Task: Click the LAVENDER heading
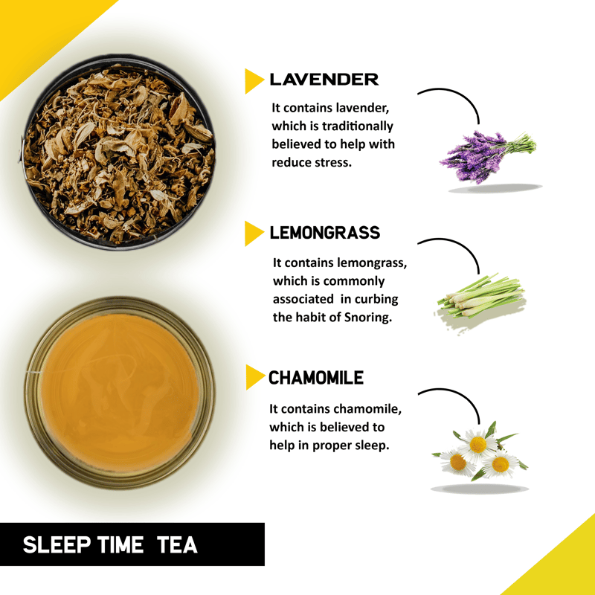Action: coord(324,80)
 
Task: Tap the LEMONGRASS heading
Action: coord(325,233)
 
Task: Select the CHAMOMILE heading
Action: coord(316,378)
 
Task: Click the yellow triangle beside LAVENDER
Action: coord(254,81)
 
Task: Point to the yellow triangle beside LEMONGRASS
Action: coord(254,234)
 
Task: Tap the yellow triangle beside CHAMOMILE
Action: coord(254,377)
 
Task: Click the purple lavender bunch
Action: coord(488,156)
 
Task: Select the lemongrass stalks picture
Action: coord(480,296)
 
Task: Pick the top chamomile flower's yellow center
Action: coord(477,445)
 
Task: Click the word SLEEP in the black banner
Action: coord(57,545)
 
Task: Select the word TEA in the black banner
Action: coord(177,545)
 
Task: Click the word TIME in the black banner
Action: coord(120,545)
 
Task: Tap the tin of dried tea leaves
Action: coord(118,152)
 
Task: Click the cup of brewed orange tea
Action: coord(119,393)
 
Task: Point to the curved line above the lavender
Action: coord(460,97)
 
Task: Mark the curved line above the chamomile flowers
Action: coord(460,396)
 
